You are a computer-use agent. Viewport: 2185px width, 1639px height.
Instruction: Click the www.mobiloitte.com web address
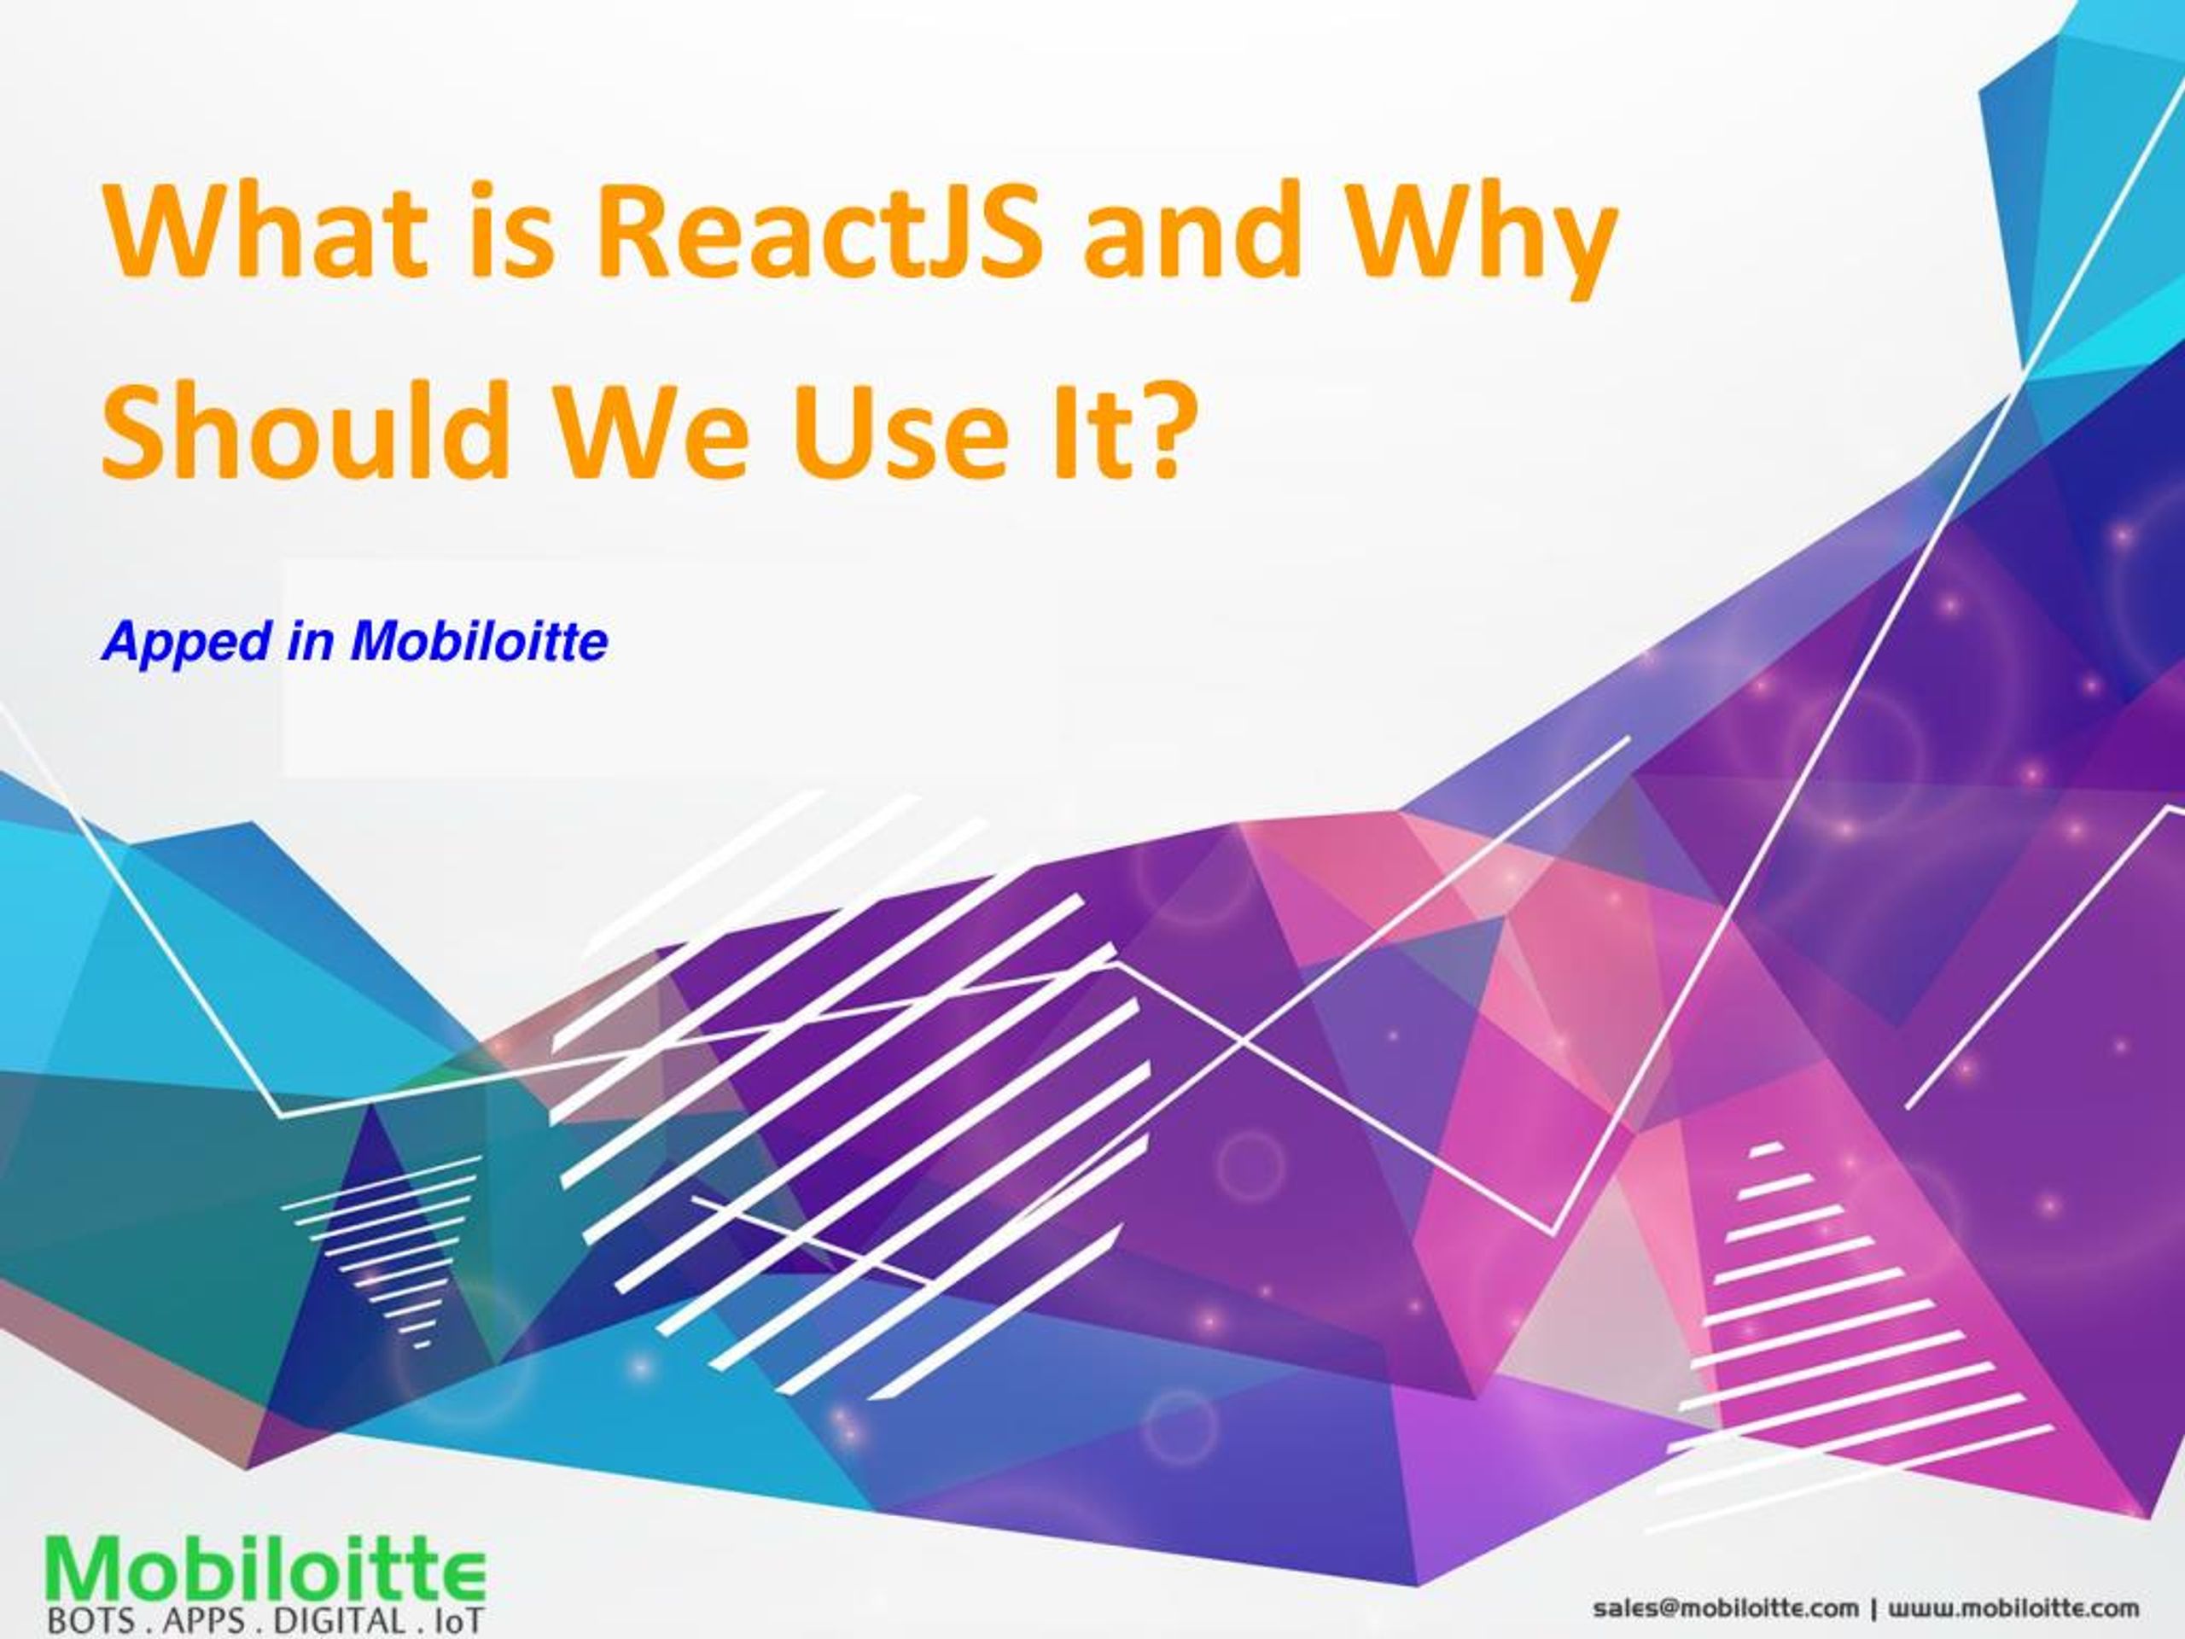point(2014,1608)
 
